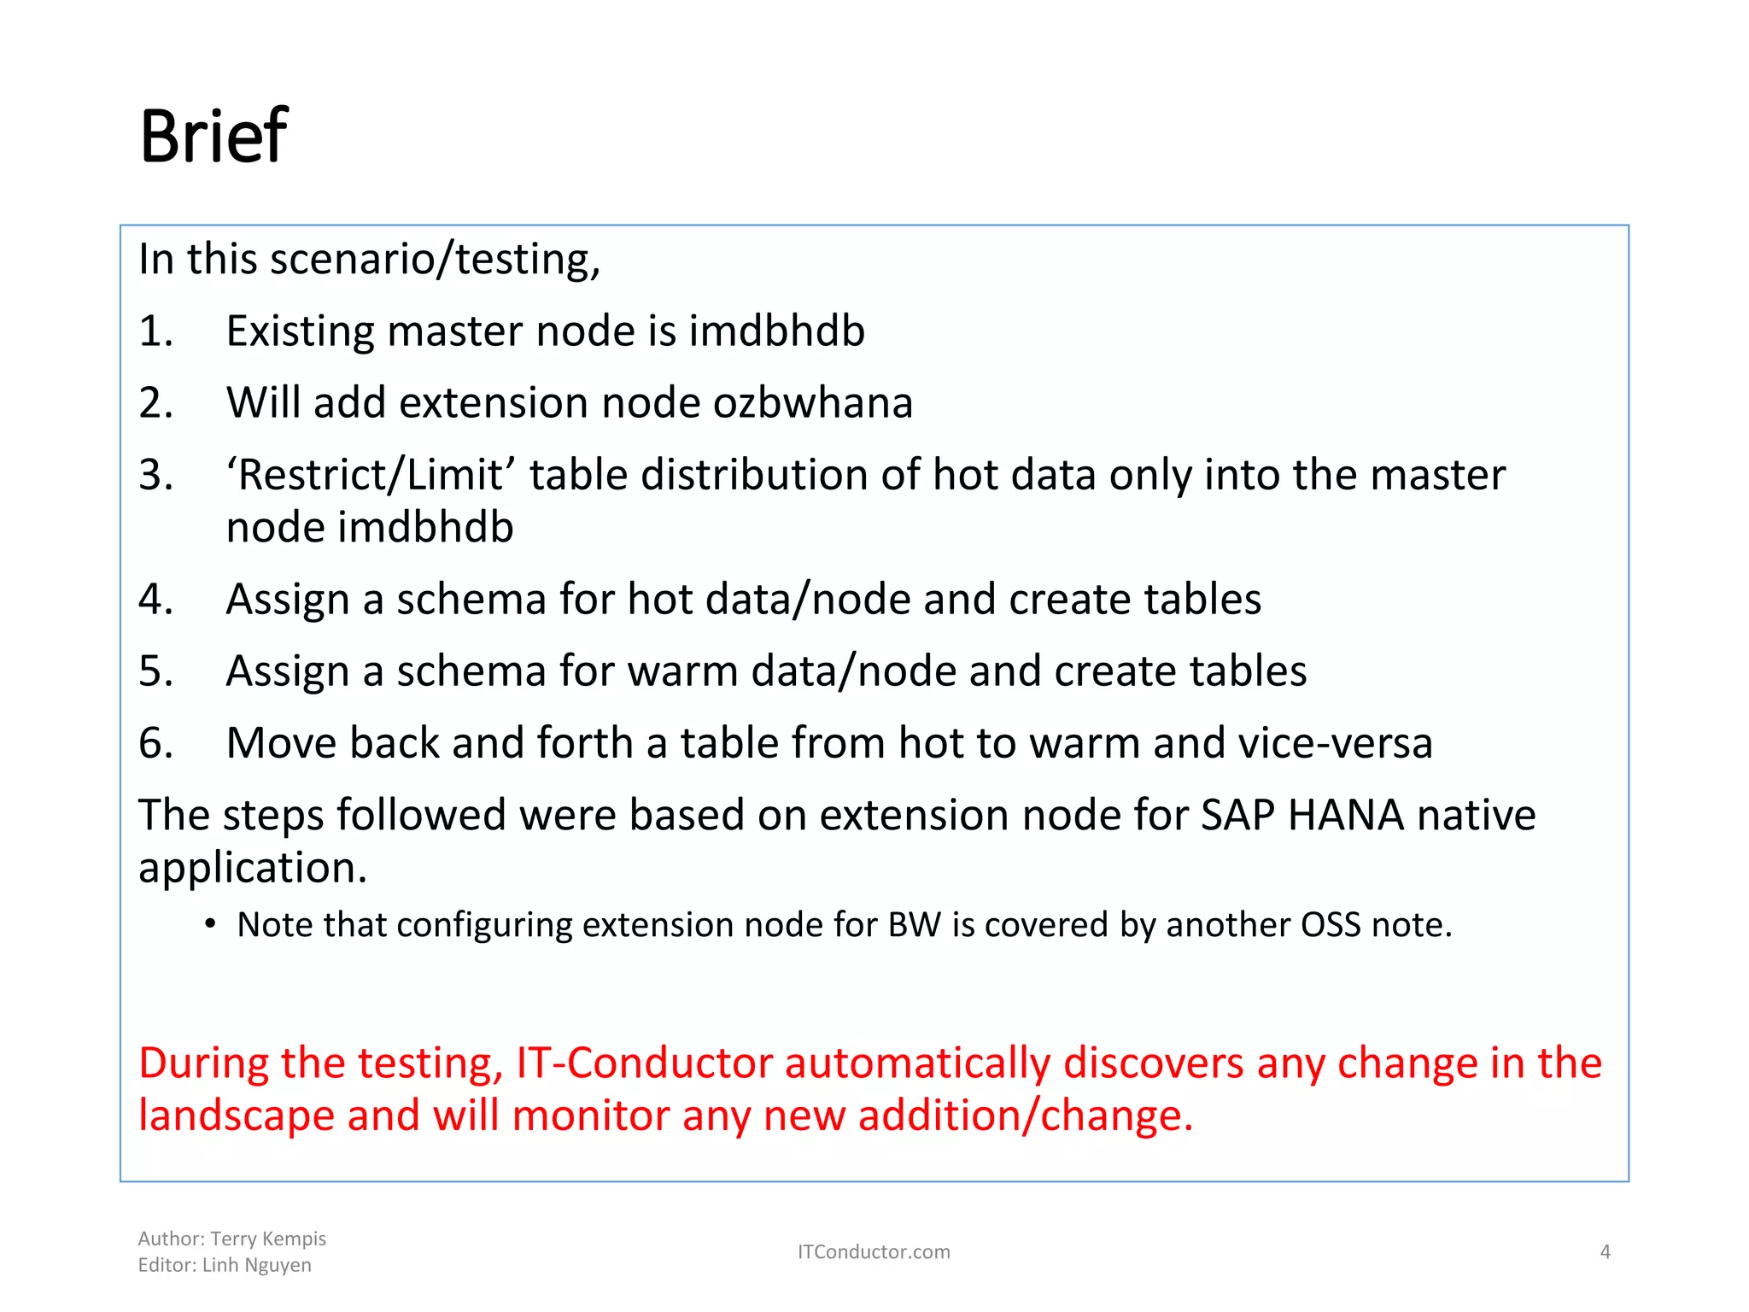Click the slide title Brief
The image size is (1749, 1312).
[214, 137]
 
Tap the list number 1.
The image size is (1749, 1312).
[155, 331]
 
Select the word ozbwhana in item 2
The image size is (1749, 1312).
[813, 403]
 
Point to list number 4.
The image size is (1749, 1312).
[155, 600]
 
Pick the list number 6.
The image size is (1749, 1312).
[155, 743]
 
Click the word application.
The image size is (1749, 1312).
[253, 868]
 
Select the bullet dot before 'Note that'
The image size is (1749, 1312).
[210, 925]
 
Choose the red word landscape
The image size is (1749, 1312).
[236, 1116]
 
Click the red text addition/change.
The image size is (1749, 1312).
[1025, 1116]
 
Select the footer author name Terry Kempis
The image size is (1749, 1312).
[268, 1239]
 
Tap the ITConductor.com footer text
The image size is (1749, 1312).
[874, 1252]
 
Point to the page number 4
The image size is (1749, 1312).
[1605, 1252]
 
